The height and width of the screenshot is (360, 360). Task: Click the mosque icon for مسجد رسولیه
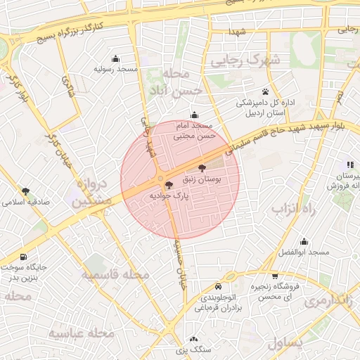point(116,59)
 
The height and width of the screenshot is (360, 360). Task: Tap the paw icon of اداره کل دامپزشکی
point(265,91)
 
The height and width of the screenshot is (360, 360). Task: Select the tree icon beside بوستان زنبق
point(202,169)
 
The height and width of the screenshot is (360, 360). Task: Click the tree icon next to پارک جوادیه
point(169,184)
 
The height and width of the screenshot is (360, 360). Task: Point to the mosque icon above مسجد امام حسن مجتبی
point(195,115)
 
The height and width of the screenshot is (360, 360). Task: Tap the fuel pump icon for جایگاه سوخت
point(25,257)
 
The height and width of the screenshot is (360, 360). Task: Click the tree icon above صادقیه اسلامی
point(26,191)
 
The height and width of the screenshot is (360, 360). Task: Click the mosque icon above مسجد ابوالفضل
point(304,241)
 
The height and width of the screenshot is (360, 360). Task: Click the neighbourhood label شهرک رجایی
point(244,61)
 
